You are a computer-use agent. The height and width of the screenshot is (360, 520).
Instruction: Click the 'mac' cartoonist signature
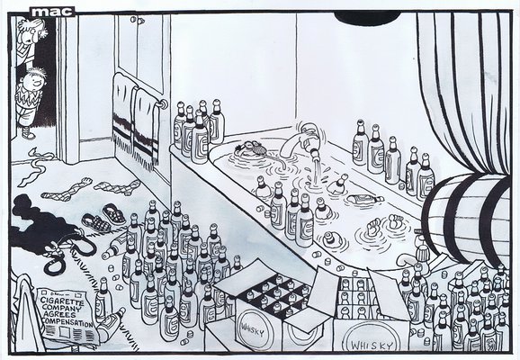(x=52, y=12)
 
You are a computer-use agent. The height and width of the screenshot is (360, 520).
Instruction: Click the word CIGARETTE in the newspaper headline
(x=62, y=301)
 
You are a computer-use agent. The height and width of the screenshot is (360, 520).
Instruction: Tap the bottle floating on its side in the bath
(x=365, y=198)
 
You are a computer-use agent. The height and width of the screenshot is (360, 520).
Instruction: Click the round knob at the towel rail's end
(x=164, y=104)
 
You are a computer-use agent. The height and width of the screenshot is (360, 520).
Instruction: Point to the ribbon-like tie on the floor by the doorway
(x=34, y=166)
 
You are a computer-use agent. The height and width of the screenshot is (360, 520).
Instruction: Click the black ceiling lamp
(x=366, y=17)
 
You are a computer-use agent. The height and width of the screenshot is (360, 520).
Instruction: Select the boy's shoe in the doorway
(x=28, y=133)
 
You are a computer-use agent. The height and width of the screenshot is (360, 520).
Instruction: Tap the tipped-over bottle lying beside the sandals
(x=115, y=245)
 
